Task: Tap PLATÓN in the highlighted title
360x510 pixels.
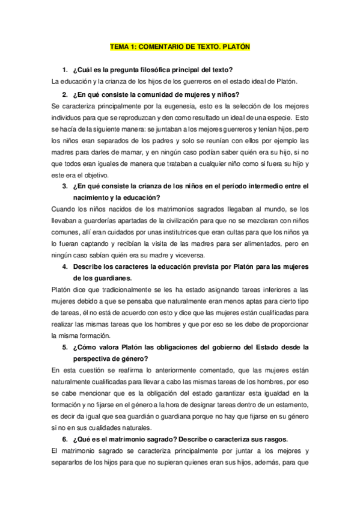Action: pyautogui.click(x=236, y=46)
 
